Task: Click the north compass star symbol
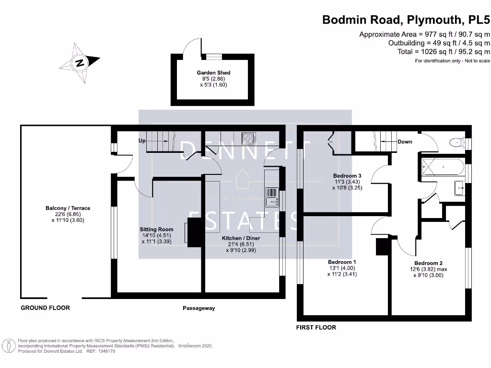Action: tap(80, 62)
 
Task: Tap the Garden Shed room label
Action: tap(213, 73)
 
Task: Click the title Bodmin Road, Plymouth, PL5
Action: tap(406, 20)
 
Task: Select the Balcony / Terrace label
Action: tap(68, 208)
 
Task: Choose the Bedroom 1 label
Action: tap(342, 262)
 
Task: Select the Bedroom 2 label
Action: tap(428, 263)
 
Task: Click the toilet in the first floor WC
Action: tap(456, 142)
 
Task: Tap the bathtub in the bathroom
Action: tap(442, 168)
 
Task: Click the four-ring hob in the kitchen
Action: tap(249, 138)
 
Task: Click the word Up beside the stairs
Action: tap(142, 141)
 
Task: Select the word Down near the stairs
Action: tap(405, 142)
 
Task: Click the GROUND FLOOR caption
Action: tap(45, 308)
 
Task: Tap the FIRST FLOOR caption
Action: tap(316, 327)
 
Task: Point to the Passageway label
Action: tap(199, 308)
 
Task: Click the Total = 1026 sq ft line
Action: tap(444, 52)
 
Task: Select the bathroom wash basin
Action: tap(459, 189)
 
